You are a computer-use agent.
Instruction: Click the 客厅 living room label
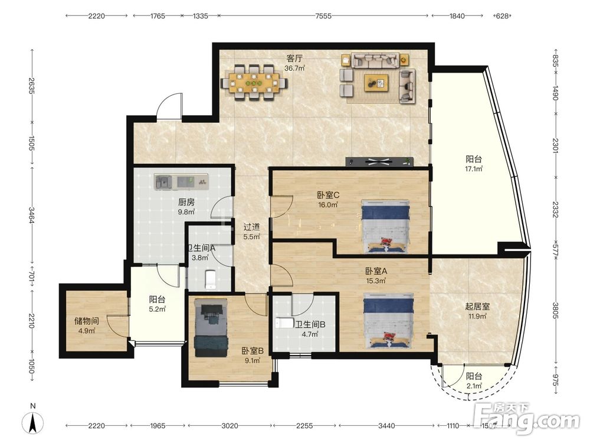click(294, 58)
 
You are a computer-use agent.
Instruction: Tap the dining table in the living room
click(254, 83)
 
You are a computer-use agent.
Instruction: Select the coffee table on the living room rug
click(376, 83)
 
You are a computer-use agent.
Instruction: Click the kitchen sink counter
click(181, 181)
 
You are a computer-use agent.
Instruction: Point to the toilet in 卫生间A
click(209, 279)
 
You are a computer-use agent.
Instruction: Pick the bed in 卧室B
click(211, 328)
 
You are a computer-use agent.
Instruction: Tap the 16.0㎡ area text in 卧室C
click(327, 205)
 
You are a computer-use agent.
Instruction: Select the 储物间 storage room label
click(87, 321)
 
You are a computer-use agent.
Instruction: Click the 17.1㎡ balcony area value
click(474, 169)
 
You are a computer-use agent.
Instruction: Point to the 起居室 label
click(477, 307)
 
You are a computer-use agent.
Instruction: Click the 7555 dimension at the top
click(323, 16)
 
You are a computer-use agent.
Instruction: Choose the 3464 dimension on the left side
click(32, 215)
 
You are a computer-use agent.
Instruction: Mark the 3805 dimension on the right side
click(555, 310)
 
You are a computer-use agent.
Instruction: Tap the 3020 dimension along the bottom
click(230, 426)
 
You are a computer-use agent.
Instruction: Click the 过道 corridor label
click(251, 227)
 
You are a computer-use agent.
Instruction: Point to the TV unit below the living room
click(379, 162)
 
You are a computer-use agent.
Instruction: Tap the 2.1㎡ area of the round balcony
click(474, 386)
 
